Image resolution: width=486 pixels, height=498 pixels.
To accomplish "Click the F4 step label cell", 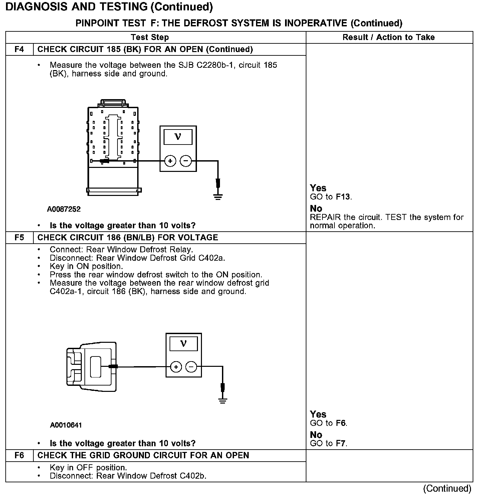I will pos(19,49).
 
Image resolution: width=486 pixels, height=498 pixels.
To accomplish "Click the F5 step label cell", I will pos(19,237).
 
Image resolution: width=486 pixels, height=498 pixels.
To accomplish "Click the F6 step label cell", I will pos(19,455).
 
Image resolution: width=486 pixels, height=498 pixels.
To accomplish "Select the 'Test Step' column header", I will pos(150,37).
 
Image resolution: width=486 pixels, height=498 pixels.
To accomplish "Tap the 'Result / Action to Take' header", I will pos(389,37).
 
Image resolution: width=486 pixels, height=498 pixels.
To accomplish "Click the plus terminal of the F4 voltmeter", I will pos(170,161).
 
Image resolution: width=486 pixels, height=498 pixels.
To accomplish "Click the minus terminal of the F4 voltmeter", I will pos(186,161).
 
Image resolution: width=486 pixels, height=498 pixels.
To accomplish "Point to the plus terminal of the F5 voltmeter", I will pos(176,367).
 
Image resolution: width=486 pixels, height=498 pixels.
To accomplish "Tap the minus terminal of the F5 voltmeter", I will pos(191,367).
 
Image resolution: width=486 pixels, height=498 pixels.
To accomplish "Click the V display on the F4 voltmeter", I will pos(178,137).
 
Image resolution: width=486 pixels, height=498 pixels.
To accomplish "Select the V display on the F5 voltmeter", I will pos(183,344).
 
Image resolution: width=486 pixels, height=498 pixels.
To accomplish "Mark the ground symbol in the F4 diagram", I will pos(218,196).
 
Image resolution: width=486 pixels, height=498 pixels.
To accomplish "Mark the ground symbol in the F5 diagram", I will pos(223,401).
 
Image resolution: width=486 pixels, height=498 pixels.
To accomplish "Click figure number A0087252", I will pos(64,209).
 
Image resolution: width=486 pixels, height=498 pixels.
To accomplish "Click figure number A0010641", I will pos(66,425).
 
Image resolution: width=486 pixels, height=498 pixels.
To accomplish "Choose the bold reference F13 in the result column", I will pos(343,197).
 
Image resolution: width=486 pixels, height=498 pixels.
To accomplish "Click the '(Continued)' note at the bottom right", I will pos(447,489).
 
